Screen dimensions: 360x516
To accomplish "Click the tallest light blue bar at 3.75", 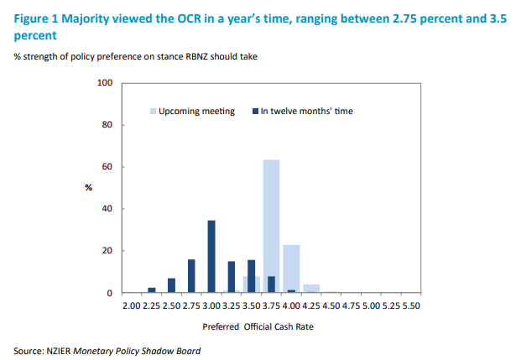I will (x=271, y=227).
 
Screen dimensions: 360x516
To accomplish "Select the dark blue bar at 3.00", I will (x=211, y=257).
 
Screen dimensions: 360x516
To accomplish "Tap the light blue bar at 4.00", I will (x=291, y=269).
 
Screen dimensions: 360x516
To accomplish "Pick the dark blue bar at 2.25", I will (x=152, y=290).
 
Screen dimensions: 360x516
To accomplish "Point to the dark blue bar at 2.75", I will (x=191, y=276).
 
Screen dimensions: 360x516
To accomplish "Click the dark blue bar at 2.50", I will (x=171, y=285).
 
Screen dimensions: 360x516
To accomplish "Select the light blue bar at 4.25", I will (x=311, y=289).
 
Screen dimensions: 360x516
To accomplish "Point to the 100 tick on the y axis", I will (x=105, y=83).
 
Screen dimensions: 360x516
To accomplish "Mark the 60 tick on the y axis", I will (x=107, y=167).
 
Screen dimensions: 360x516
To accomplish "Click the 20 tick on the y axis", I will (x=107, y=251).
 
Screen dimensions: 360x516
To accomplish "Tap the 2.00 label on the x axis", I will (x=132, y=306).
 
